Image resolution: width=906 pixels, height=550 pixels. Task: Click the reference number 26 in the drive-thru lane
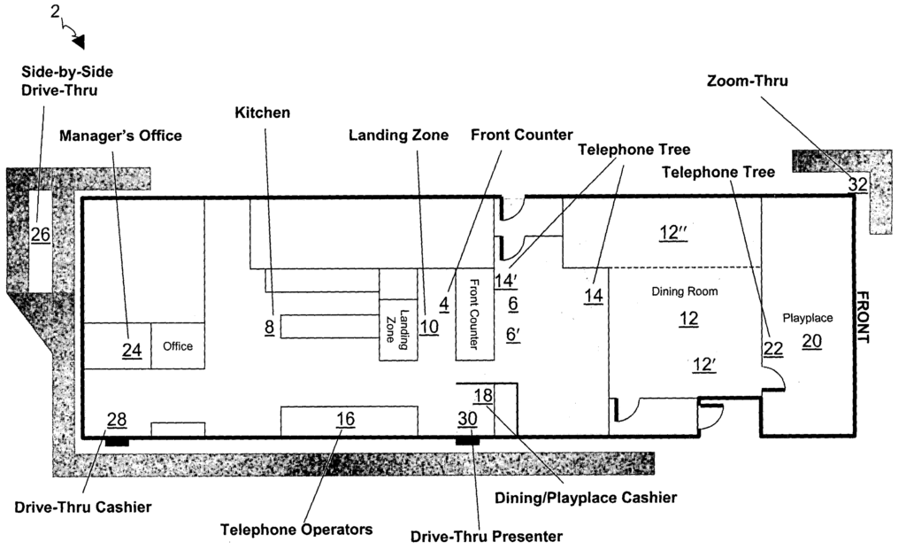[41, 235]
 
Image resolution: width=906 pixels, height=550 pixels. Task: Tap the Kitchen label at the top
[262, 112]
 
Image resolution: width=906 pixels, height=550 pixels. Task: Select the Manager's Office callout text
[120, 136]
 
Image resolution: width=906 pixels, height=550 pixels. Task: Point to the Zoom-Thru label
[747, 81]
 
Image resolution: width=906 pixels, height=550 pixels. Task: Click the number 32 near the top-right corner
[858, 184]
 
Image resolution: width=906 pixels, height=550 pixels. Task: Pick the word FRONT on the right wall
[862, 317]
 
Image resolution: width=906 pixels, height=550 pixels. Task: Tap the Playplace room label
[808, 318]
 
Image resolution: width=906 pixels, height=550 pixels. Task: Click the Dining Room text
[685, 291]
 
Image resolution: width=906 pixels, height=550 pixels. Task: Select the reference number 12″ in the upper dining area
[673, 233]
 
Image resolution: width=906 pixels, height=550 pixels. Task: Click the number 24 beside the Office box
[132, 350]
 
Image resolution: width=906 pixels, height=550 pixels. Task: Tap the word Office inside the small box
[178, 346]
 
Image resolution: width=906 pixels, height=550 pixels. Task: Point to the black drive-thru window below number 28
[117, 442]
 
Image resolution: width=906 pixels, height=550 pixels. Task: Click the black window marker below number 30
[467, 442]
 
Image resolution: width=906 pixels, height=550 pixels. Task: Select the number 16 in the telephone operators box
[346, 419]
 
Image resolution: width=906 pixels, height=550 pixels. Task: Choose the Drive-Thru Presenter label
[487, 537]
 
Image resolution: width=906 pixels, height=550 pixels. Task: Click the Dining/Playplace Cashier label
[586, 498]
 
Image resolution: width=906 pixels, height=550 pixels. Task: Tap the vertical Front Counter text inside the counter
[474, 314]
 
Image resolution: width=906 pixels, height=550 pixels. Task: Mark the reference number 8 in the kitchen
[269, 328]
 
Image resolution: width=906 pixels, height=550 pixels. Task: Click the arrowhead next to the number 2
[79, 42]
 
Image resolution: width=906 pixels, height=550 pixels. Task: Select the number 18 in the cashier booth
[483, 396]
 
